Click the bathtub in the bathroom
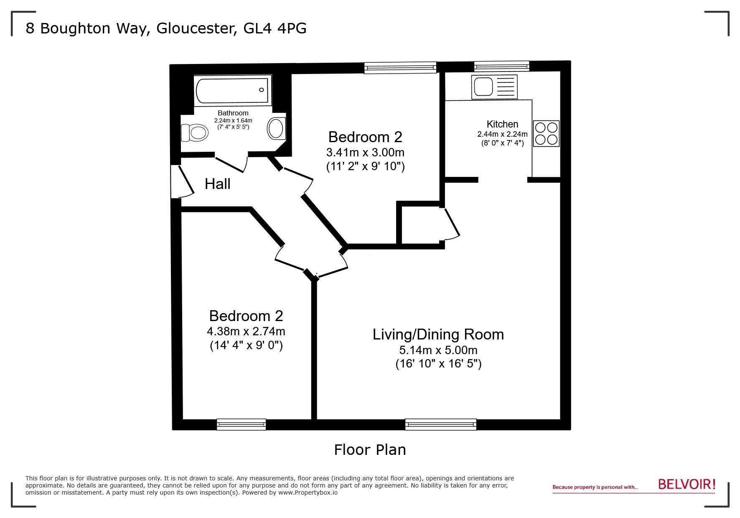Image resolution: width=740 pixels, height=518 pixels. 233,90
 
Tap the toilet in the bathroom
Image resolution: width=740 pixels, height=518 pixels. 195,133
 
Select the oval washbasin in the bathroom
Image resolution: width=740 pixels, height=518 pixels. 276,128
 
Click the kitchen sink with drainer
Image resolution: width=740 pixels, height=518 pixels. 494,87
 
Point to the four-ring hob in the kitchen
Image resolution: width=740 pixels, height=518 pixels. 546,133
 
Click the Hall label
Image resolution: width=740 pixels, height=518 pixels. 217,184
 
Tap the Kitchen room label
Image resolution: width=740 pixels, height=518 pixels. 502,124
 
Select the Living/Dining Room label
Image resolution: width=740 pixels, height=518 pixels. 438,334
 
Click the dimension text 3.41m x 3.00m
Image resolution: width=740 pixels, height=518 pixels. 365,152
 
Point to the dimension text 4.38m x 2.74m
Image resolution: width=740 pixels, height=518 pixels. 246,332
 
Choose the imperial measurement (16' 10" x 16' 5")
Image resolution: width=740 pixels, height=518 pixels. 438,364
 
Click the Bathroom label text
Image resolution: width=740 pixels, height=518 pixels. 233,113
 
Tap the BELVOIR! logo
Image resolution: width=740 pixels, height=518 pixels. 687,484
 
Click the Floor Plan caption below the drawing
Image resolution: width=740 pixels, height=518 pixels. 370,450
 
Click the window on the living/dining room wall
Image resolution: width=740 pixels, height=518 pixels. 440,424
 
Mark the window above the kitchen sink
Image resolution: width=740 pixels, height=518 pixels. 501,66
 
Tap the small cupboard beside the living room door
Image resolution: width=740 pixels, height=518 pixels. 420,225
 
